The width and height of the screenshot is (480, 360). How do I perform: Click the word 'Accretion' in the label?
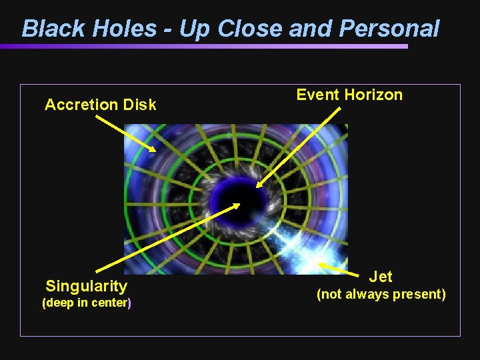81,105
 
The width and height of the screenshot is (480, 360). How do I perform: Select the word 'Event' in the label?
317,95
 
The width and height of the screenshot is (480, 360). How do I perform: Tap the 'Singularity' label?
86,287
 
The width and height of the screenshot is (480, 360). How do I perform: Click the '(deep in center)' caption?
86,303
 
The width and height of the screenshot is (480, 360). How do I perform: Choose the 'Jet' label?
381,276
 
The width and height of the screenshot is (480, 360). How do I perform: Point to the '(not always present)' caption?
381,294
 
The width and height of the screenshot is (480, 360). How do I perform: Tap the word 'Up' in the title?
179,29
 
